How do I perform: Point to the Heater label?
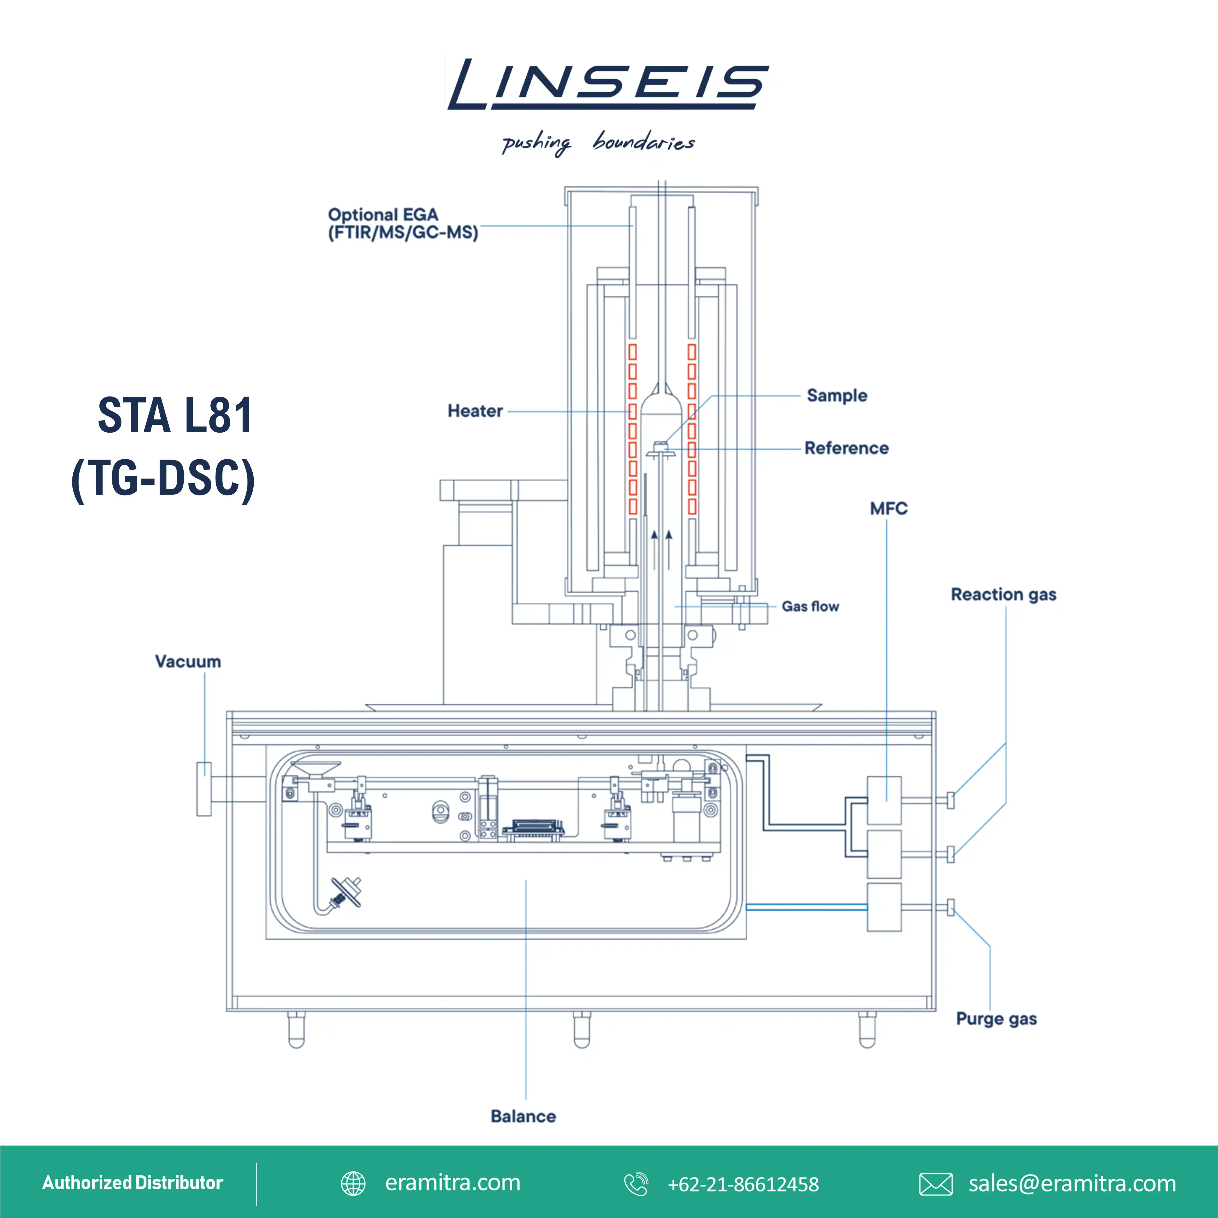click(x=475, y=411)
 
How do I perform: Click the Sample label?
click(x=836, y=395)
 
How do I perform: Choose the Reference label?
click(x=846, y=448)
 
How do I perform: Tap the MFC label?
click(x=888, y=509)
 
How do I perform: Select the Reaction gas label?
click(x=1003, y=594)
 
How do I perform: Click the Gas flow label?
click(x=810, y=606)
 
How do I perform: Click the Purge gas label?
click(x=996, y=1019)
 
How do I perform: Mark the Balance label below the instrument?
click(x=523, y=1117)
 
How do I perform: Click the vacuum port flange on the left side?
click(x=204, y=789)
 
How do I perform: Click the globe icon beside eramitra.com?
click(x=353, y=1183)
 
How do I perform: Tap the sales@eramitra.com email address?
click(x=1072, y=1183)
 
